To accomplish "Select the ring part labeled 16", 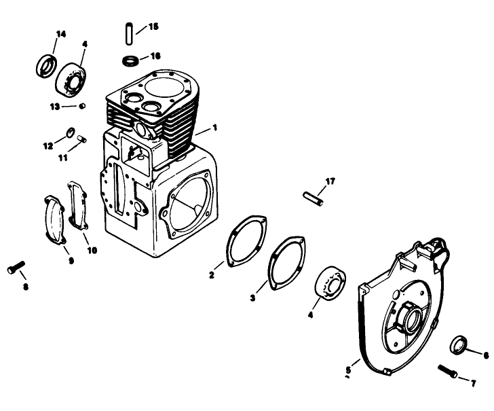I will [131, 61].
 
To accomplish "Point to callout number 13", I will [54, 106].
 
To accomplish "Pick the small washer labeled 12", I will [70, 131].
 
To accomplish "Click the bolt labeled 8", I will [16, 268].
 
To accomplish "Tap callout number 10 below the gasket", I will [92, 250].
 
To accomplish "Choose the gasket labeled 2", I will [246, 241].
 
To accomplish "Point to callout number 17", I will [330, 181].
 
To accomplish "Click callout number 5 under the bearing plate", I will [348, 370].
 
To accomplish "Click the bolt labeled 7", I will [447, 372].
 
